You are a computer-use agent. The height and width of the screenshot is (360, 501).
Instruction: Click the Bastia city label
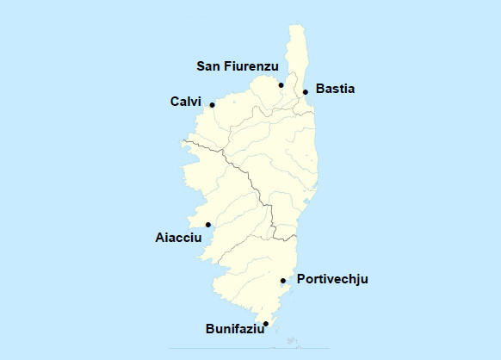pyautogui.click(x=336, y=89)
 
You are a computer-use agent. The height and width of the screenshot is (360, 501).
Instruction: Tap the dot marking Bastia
pyautogui.click(x=306, y=91)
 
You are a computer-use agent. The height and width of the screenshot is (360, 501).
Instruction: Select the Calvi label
pyautogui.click(x=185, y=102)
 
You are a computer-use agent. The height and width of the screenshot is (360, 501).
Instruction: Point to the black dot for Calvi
pyautogui.click(x=212, y=105)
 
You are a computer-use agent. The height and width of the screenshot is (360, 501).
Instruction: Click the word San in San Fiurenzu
pyautogui.click(x=210, y=66)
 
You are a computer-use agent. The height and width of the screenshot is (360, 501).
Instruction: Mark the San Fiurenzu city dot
pyautogui.click(x=281, y=84)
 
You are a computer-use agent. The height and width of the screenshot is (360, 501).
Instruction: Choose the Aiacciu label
pyautogui.click(x=178, y=237)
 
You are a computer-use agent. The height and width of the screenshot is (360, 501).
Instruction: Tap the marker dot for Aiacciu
pyautogui.click(x=208, y=225)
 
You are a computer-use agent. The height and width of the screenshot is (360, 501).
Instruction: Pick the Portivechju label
pyautogui.click(x=332, y=279)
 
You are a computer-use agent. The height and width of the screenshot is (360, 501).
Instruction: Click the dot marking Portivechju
pyautogui.click(x=283, y=281)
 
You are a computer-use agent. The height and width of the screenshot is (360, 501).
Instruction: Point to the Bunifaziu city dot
pyautogui.click(x=266, y=324)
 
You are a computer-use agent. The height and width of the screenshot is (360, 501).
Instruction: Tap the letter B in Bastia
pyautogui.click(x=320, y=89)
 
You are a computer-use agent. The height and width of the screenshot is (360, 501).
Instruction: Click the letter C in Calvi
pyautogui.click(x=175, y=102)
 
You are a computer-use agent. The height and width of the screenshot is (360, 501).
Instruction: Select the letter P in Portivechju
pyautogui.click(x=301, y=279)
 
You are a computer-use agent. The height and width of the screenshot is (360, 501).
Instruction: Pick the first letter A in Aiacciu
pyautogui.click(x=159, y=237)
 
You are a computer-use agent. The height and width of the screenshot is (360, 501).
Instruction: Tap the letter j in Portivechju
pyautogui.click(x=357, y=280)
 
